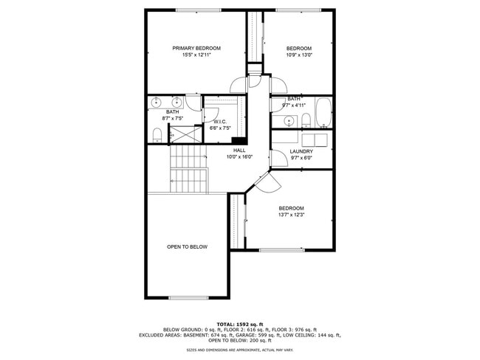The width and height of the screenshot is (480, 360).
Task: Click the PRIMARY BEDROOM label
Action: [196, 48]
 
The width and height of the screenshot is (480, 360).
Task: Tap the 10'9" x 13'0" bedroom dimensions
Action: [299, 55]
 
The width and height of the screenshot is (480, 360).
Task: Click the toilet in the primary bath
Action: [157, 135]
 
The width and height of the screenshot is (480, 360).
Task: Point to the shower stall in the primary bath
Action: [185, 134]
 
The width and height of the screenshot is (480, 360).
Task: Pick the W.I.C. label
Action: [219, 121]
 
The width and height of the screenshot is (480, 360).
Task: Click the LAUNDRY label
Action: [301, 151]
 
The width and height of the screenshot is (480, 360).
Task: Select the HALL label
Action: [239, 150]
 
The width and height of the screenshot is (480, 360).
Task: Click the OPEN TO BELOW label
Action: [187, 246]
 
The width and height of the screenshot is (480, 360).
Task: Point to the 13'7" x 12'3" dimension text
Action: [292, 215]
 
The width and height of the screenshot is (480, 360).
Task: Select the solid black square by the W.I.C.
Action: [239, 140]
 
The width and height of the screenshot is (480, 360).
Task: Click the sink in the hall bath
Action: [289, 121]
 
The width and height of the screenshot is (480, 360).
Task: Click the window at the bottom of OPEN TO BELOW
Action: [188, 297]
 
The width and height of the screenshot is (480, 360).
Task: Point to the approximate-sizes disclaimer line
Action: [239, 350]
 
